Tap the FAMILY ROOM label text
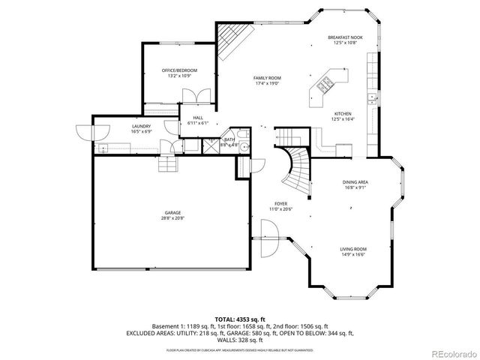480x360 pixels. tap(266, 78)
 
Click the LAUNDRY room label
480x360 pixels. tap(141, 126)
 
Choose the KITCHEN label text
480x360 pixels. tap(342, 114)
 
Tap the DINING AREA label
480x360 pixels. tap(355, 182)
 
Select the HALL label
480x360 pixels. tap(198, 118)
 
